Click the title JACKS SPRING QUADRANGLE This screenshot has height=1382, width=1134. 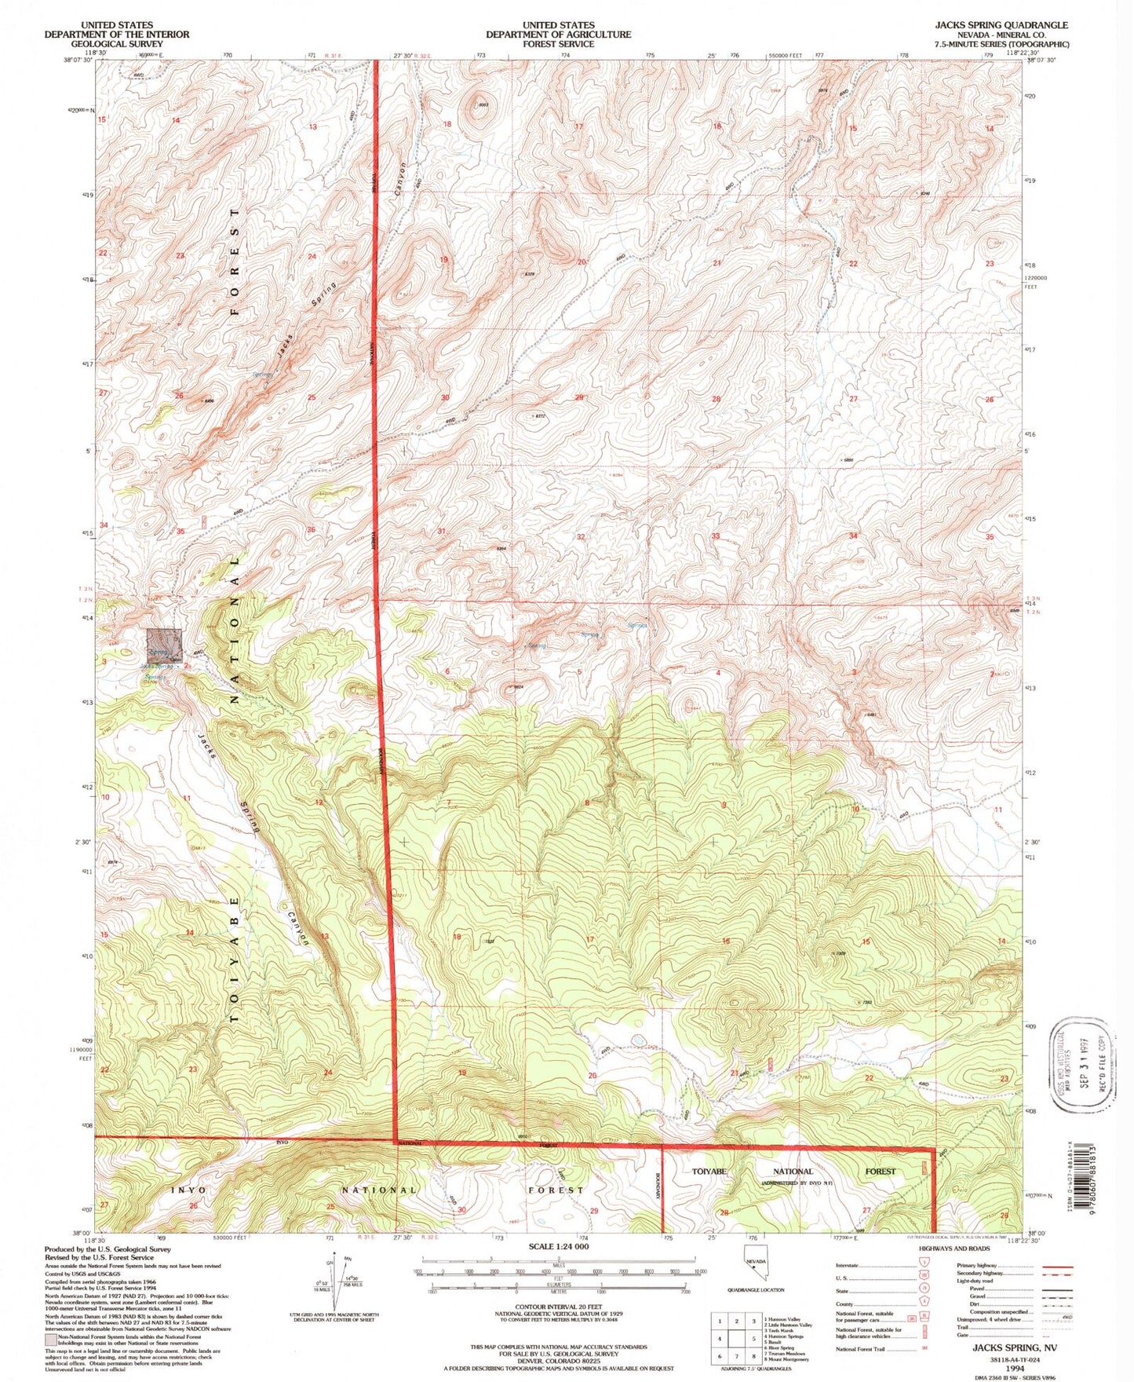(1001, 25)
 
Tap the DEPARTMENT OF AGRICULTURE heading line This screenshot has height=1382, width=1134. (558, 35)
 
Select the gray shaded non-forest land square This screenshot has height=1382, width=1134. (165, 645)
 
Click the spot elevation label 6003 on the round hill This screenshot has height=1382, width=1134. (483, 104)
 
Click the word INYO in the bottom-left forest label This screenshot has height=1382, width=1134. (188, 1190)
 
